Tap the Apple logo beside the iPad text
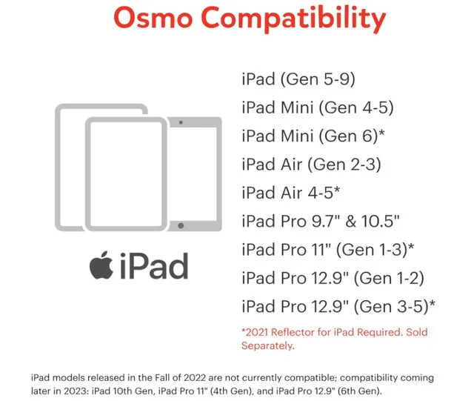pyautogui.click(x=101, y=265)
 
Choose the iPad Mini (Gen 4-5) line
pyautogui.click(x=317, y=107)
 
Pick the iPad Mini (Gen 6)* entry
pyautogui.click(x=313, y=136)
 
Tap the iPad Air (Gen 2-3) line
pyautogui.click(x=311, y=164)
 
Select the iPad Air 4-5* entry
pyautogui.click(x=291, y=192)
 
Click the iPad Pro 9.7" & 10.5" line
pyautogui.click(x=321, y=220)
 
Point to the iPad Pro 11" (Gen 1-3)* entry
pyautogui.click(x=327, y=249)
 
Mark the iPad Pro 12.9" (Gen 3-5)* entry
pyautogui.click(x=338, y=305)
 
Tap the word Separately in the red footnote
pyautogui.click(x=268, y=345)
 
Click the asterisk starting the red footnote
pyautogui.click(x=244, y=332)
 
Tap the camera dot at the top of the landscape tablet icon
pyautogui.click(x=181, y=121)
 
